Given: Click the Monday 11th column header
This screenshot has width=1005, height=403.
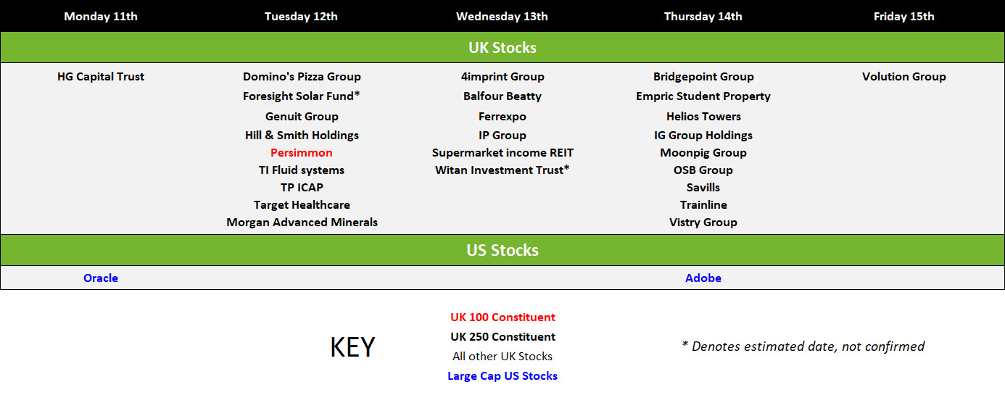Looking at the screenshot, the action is point(101,17).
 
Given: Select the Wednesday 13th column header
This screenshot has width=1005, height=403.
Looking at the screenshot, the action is point(502,17).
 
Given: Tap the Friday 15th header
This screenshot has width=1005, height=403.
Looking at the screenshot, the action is point(903,17).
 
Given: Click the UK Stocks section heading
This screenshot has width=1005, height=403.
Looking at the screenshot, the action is point(502,48).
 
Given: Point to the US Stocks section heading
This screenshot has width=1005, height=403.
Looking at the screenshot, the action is point(502,250).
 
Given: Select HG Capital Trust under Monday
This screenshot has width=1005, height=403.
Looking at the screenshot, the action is point(101,77).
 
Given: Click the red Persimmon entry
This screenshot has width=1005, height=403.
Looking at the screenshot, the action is point(302,153).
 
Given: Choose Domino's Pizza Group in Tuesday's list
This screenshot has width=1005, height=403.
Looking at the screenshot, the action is point(302,77).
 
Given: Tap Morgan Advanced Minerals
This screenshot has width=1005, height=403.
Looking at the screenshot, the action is point(302,223).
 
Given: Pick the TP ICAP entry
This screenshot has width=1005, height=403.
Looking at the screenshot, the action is point(302,188).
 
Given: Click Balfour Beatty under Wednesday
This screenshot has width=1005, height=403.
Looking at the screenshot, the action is point(502,96).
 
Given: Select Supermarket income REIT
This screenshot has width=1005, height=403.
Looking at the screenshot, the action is point(502,153).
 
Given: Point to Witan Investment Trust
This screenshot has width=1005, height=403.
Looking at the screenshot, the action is point(502,170).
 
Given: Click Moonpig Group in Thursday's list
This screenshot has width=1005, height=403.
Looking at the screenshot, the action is point(703,153).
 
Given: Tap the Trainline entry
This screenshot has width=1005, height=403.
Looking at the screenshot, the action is point(703,205).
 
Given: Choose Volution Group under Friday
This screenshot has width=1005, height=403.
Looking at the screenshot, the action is point(903,77).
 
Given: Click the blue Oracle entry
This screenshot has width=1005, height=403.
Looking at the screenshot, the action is point(101,278).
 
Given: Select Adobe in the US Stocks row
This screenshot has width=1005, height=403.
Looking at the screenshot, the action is point(703,278).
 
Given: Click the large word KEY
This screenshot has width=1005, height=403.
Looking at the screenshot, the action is point(352,347).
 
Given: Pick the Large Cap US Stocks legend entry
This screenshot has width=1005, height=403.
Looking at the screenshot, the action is point(502,376).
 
